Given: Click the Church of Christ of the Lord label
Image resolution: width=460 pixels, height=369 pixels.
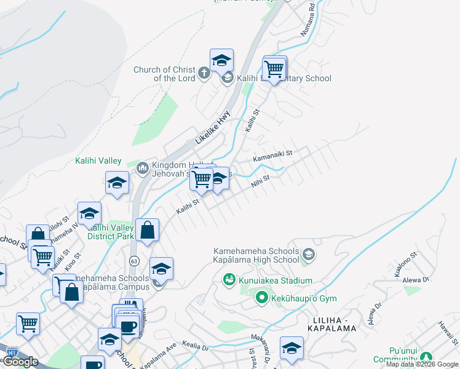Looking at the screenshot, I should pos(164,74).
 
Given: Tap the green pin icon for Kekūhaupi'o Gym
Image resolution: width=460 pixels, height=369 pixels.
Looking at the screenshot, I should pos(261,299).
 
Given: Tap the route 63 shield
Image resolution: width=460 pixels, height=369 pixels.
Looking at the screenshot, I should pos(134,261).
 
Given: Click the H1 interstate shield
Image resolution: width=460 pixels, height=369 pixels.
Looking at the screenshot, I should pos(12,352).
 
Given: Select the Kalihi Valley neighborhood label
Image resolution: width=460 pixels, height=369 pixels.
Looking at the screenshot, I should pos(98,161).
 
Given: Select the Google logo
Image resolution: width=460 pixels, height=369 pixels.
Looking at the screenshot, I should pos(20,362).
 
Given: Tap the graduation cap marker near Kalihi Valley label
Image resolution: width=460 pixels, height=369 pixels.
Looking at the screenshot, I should pos(117,183).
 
